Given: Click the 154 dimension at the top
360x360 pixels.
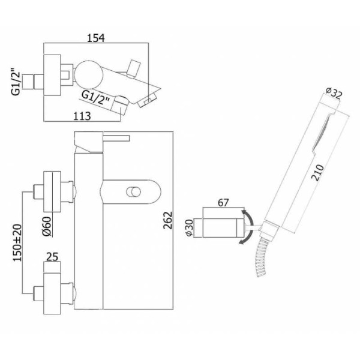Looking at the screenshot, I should pyautogui.click(x=96, y=38).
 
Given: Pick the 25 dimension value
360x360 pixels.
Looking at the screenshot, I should pyautogui.click(x=53, y=258).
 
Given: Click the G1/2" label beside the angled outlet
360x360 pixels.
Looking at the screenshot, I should pyautogui.click(x=95, y=96).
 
